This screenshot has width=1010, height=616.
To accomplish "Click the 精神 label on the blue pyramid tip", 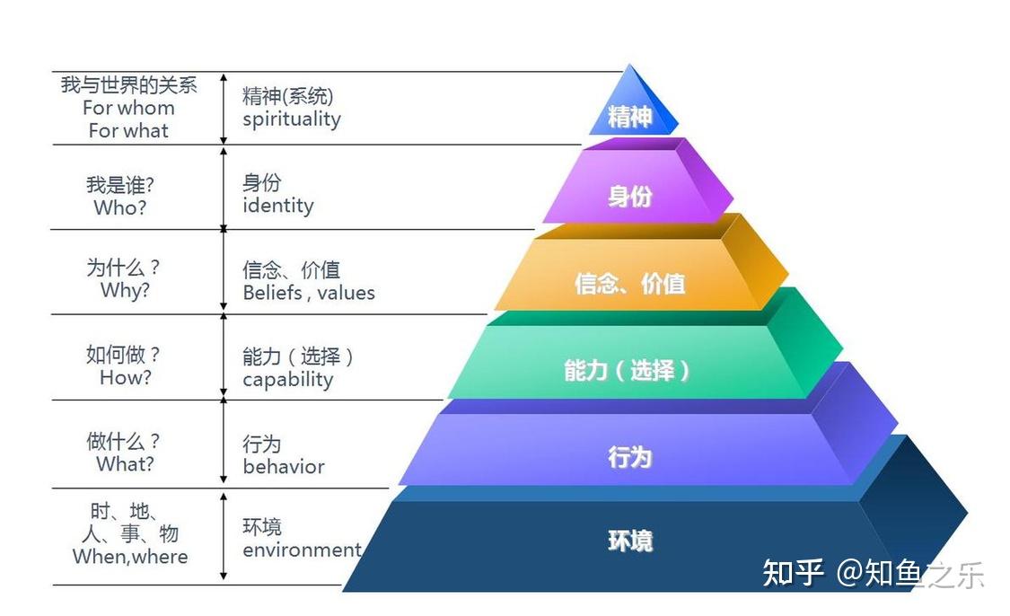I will tap(629, 117).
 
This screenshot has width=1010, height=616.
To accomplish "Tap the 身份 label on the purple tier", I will tap(630, 196).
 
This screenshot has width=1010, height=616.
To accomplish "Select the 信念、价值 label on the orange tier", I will tap(629, 284).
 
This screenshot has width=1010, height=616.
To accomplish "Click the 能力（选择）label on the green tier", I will tap(628, 370).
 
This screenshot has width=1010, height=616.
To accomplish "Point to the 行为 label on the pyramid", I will tap(629, 457).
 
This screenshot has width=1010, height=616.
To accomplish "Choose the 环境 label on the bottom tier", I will tap(629, 541).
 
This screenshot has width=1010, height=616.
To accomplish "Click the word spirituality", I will tap(292, 119).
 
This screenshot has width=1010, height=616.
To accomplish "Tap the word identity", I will tap(278, 206).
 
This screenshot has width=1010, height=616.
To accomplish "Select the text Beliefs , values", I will tap(309, 293).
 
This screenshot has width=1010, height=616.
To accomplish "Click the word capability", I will tap(288, 380).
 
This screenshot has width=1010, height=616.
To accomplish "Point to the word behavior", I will tap(284, 467).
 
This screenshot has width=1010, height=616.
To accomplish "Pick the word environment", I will tap(302, 550).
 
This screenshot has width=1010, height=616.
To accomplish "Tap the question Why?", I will tap(125, 291).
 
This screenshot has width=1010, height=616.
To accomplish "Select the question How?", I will tap(125, 378).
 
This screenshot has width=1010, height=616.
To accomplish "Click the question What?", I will tap(125, 464).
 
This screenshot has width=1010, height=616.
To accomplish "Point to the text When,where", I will tap(130, 557).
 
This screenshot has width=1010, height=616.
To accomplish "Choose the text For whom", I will tap(128, 108).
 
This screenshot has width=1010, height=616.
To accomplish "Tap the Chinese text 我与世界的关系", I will tap(129, 85).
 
